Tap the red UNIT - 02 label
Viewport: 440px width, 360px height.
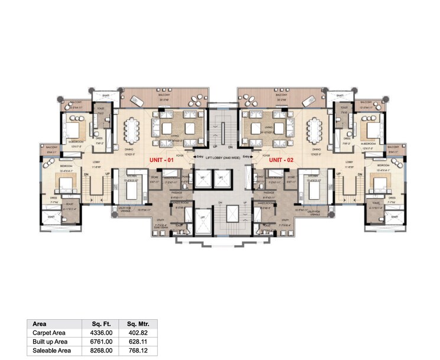(x=281, y=160)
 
